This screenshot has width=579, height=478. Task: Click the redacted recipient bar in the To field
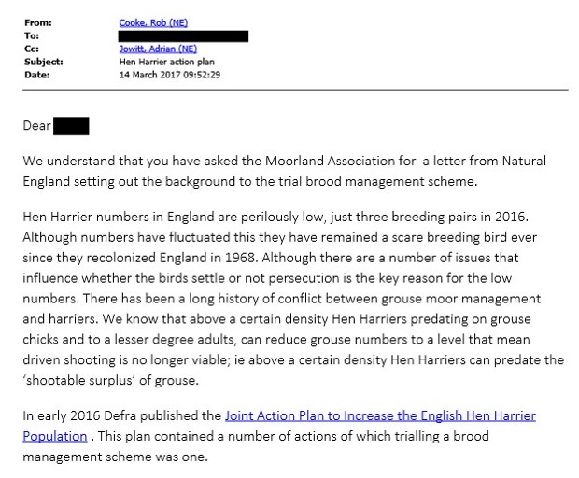[x=184, y=35]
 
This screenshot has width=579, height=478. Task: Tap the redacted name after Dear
[x=71, y=125]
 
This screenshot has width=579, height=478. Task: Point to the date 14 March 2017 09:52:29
[x=170, y=75]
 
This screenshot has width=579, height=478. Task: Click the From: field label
[x=37, y=22]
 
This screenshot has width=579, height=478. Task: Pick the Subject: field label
[x=43, y=62]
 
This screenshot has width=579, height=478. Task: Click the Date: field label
[x=36, y=75]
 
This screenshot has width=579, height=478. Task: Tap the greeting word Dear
[x=36, y=126]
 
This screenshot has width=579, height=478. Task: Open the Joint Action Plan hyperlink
[x=380, y=415]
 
